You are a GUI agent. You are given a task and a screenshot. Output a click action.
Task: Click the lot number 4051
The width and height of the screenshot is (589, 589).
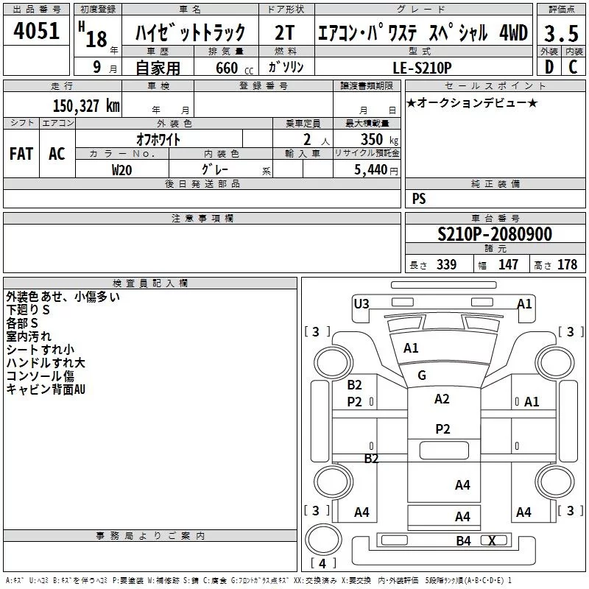[x=36, y=32]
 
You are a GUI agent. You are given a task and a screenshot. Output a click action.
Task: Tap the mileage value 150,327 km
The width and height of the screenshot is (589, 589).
[x=86, y=105]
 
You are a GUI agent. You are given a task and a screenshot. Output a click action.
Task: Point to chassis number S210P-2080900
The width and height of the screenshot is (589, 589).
[x=494, y=234]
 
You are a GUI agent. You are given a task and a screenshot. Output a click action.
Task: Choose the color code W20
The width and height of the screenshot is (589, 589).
[x=121, y=169]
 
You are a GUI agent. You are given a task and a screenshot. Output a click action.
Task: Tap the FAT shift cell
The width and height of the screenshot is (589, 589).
[x=21, y=154]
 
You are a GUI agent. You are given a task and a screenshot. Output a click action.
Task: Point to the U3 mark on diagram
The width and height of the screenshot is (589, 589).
[x=361, y=303]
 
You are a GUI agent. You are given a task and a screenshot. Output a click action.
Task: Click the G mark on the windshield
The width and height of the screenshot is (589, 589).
[x=422, y=375]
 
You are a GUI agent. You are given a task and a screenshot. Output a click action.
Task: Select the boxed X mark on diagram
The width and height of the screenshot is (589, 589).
[x=492, y=541]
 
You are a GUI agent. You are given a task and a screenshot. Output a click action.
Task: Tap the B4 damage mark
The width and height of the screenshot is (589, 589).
[x=463, y=541]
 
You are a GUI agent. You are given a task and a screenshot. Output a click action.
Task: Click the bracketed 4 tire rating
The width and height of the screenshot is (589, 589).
[x=322, y=563]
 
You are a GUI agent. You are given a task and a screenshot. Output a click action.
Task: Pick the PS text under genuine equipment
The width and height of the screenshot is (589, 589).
[x=419, y=199]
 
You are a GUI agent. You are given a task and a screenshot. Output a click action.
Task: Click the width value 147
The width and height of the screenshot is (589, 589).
[x=508, y=265]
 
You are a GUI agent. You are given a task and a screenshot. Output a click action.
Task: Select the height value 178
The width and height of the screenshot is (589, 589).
[x=567, y=265]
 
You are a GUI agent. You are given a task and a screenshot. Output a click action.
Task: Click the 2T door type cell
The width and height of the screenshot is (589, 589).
[x=284, y=32]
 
